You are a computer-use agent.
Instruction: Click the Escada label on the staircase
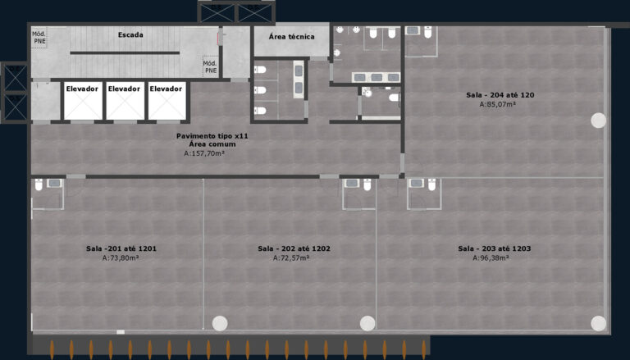[x=130, y=35]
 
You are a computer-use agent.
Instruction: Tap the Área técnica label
[x=292, y=37]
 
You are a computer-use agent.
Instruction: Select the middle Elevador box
[x=124, y=101]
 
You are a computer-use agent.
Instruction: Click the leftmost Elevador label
[x=82, y=89]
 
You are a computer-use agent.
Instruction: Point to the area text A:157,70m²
[x=204, y=153]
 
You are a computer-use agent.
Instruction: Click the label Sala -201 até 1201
[x=121, y=248]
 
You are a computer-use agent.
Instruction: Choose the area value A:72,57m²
[x=291, y=258]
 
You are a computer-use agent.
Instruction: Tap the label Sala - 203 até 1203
[x=494, y=248]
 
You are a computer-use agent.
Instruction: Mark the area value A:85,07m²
[x=498, y=104]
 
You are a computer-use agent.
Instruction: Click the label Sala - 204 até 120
[x=500, y=95]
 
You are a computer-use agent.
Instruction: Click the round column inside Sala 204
[x=598, y=121]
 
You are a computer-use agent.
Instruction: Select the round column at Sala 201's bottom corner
[x=220, y=323]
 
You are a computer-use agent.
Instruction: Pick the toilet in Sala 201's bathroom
[x=39, y=185]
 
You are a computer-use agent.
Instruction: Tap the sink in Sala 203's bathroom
[x=417, y=183]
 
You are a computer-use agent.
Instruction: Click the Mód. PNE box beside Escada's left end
[x=39, y=38]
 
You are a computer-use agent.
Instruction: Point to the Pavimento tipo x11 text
[x=212, y=136]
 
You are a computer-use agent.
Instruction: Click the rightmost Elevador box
[x=166, y=101]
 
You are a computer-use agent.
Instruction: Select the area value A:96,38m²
[x=491, y=258]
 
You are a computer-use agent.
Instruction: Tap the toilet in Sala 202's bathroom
[x=367, y=185]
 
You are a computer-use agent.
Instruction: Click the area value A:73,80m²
[x=121, y=258]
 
